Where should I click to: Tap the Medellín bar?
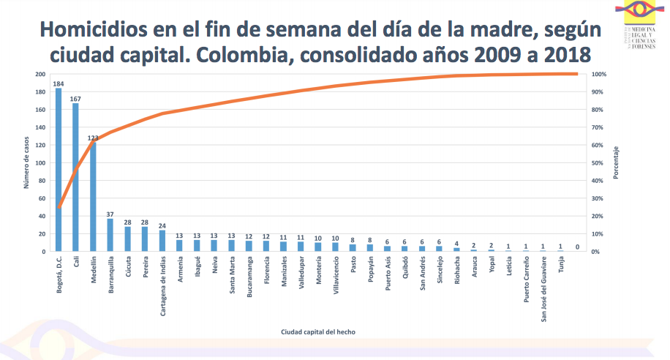click(93, 197)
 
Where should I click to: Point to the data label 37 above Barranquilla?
click(110, 214)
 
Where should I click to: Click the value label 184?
click(59, 84)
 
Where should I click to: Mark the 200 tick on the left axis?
click(39, 75)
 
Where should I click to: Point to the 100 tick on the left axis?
click(39, 163)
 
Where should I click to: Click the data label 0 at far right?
click(577, 247)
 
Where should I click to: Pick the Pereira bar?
click(145, 239)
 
